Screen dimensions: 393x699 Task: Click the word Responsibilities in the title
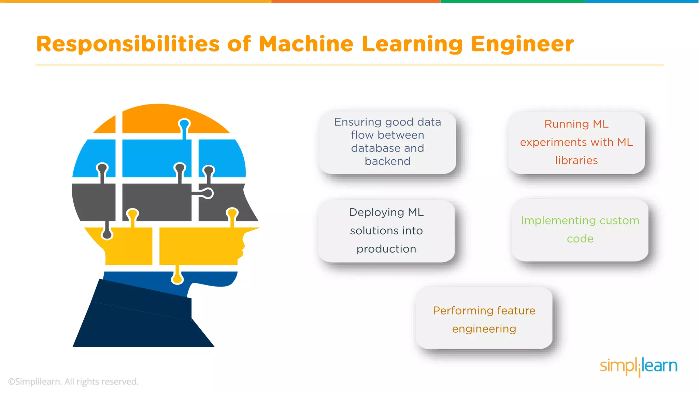point(128,44)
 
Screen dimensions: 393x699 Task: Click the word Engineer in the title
point(522,44)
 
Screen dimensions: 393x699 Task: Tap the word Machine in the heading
point(306,44)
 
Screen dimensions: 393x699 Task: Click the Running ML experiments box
point(576,142)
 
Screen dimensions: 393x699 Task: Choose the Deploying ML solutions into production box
point(386,231)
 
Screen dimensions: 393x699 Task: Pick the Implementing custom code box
point(580,230)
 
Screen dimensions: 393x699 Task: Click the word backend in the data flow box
point(387,161)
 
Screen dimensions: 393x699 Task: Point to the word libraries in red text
point(576,160)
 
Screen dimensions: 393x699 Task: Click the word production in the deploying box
point(386,249)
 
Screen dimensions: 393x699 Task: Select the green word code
point(580,239)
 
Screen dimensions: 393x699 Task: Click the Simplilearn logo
point(638,366)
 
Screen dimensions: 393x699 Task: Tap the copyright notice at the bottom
point(73,381)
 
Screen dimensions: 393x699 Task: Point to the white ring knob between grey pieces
point(208,193)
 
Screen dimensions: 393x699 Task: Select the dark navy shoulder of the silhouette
point(140,321)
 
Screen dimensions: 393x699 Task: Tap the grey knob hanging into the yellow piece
point(107,234)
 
